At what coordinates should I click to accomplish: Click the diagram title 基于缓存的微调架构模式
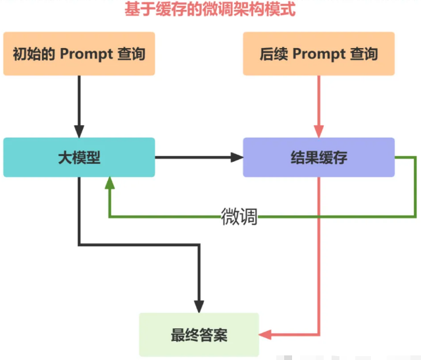pos(210,10)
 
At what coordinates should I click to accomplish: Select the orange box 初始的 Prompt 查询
pos(79,53)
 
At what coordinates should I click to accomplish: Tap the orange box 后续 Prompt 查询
pos(319,53)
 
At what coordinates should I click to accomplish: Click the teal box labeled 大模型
pos(79,157)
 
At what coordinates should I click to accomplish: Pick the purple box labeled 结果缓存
pos(319,157)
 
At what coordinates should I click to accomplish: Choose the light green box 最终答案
pos(199,335)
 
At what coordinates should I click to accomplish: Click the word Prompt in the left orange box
pos(86,53)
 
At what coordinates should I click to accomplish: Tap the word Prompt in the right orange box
pos(318,53)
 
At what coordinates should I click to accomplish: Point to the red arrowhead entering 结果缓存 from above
pos(319,131)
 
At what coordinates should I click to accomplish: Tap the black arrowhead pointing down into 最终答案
pos(199,306)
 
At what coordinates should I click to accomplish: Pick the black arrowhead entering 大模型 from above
pos(79,131)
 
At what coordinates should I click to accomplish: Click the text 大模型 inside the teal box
pos(79,157)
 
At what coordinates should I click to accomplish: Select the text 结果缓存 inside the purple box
pos(319,157)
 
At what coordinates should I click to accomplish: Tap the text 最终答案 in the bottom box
pos(199,335)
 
